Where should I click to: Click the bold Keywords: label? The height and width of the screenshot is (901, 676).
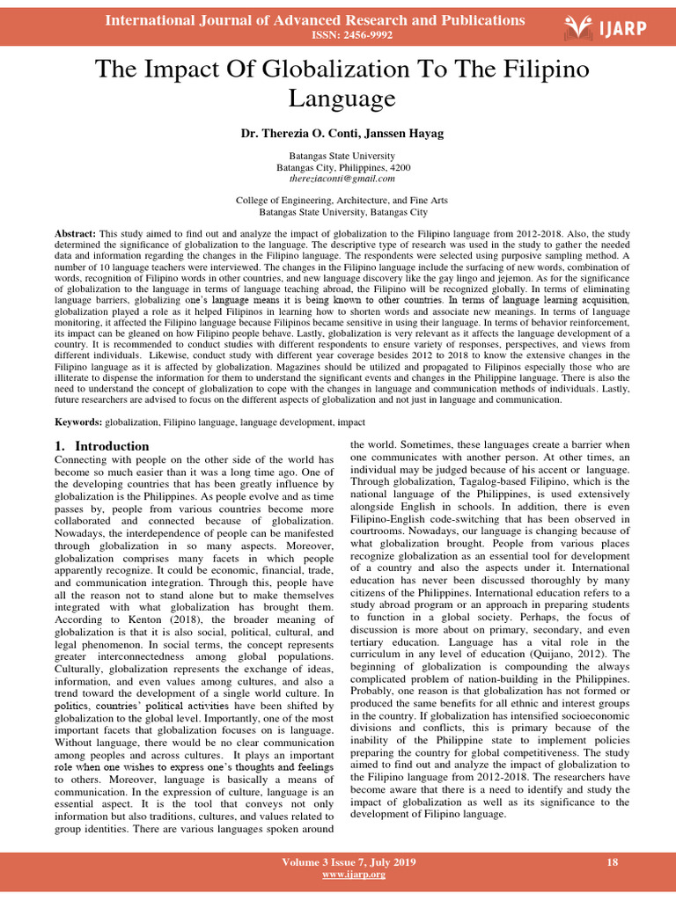pos(78,422)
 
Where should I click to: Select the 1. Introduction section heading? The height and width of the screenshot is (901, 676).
pos(102,446)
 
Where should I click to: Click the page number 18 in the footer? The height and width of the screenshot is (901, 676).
pos(613,861)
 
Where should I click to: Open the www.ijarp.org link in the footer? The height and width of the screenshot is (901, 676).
pos(338,875)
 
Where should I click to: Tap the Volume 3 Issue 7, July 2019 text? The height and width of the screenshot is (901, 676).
pos(338,861)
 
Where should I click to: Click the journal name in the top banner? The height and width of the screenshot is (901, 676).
pos(315,19)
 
